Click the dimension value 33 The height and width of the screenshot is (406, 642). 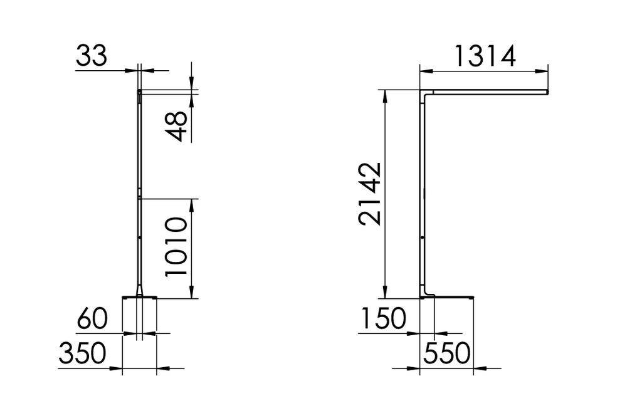point(92,56)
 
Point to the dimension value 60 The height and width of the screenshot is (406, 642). point(92,320)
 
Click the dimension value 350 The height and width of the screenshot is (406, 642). point(82,354)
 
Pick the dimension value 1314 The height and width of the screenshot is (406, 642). point(484,56)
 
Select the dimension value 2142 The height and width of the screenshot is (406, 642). point(370,194)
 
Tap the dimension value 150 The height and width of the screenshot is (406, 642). point(383,319)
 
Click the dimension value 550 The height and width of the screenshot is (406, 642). point(446,354)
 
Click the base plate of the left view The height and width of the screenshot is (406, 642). point(139,297)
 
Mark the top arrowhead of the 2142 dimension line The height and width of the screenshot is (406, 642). point(386,94)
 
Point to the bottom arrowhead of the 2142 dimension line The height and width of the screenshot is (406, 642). point(386,294)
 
